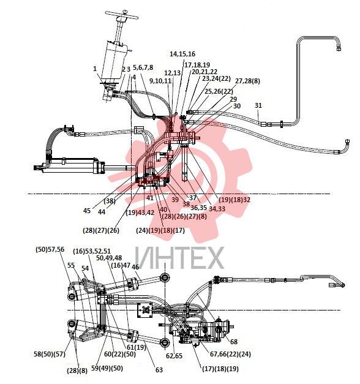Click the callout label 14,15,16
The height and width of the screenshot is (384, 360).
click(182, 54)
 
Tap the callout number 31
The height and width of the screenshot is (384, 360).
click(258, 105)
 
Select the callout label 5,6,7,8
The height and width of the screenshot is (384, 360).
click(143, 67)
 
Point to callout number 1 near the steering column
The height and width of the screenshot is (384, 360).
click(95, 69)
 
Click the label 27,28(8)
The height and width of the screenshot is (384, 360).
click(247, 81)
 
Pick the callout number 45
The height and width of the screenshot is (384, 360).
click(87, 211)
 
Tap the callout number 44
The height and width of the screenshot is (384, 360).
click(102, 212)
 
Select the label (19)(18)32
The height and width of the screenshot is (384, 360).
click(234, 200)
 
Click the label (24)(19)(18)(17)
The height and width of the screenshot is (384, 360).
click(160, 230)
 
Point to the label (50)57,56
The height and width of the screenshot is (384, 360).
click(50, 249)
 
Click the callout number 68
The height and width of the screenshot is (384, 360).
click(234, 342)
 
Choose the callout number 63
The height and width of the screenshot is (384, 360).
click(159, 370)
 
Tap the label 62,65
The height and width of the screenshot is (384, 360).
click(174, 356)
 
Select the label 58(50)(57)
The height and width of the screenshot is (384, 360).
click(50, 354)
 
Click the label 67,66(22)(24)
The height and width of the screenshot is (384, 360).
click(230, 354)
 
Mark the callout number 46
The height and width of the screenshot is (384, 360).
click(135, 267)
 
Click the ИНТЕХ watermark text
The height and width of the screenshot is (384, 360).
click(179, 258)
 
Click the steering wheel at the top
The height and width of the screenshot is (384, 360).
click(122, 15)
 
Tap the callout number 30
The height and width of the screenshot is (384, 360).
click(237, 106)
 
